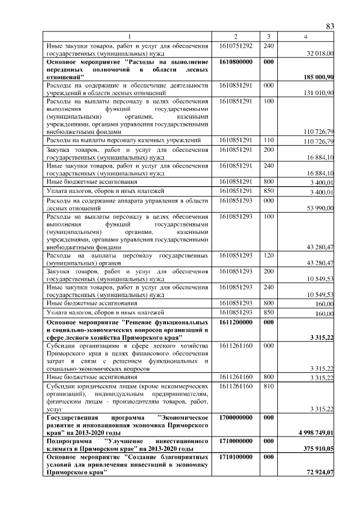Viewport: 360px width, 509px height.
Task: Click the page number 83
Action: (x=330, y=26)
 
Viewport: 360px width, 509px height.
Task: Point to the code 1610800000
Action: (x=236, y=61)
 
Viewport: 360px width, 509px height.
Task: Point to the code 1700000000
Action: (x=236, y=418)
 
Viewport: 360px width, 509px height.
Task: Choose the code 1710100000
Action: (x=236, y=458)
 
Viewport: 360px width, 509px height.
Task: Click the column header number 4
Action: (x=305, y=37)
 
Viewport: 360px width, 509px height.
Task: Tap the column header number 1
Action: (x=128, y=37)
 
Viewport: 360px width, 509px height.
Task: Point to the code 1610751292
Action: (x=236, y=45)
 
